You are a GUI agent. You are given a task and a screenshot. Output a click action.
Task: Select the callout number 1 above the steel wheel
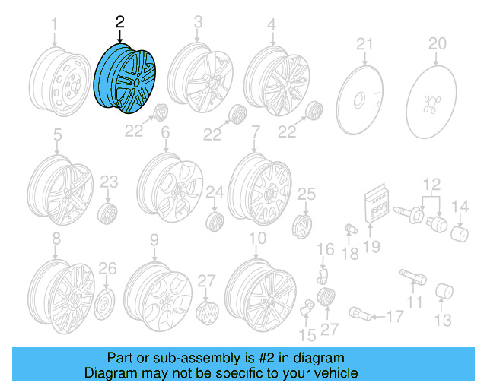tap(54, 28)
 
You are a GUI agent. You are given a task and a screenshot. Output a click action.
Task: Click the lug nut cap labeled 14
tap(460, 232)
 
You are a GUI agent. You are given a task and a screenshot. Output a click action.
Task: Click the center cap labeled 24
tap(215, 222)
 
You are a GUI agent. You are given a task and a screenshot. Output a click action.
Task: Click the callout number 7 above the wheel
tap(256, 131)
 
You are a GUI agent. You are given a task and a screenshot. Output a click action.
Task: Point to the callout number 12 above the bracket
tap(431, 182)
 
